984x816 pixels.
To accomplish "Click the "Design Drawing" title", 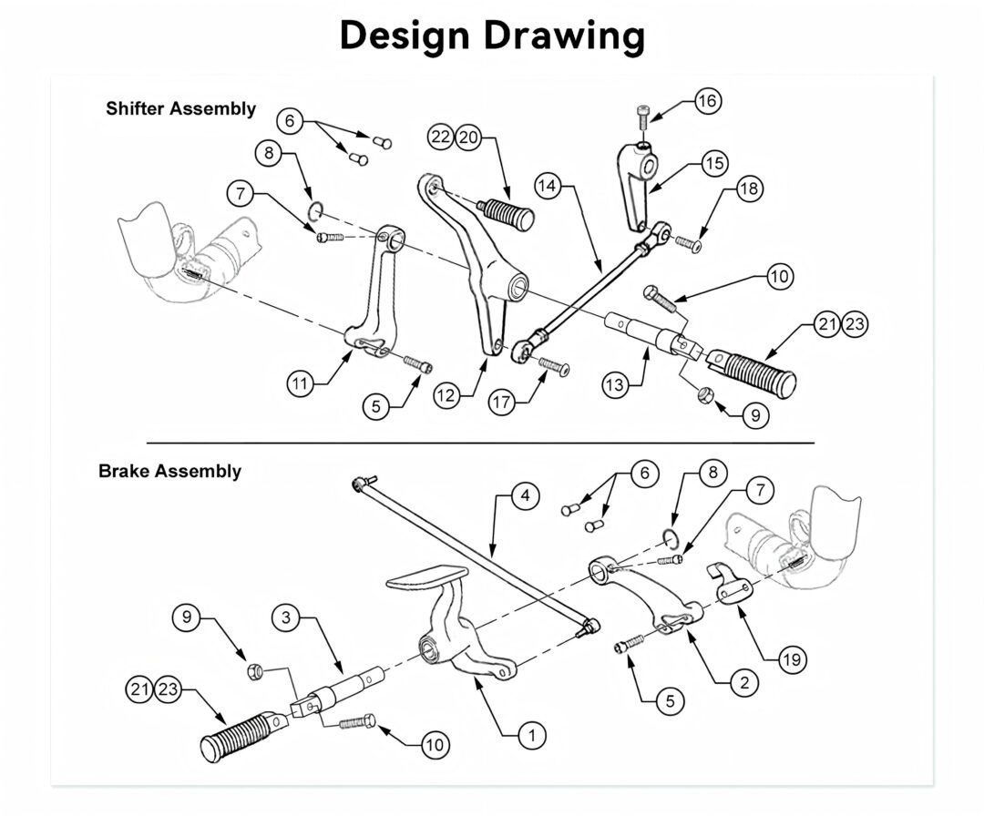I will pyautogui.click(x=492, y=36).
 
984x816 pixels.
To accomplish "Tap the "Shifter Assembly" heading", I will pyautogui.click(x=180, y=108).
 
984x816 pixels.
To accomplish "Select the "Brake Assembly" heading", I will pyautogui.click(x=169, y=471).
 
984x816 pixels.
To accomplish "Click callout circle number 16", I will pyautogui.click(x=707, y=101).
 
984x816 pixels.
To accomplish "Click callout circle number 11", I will pyautogui.click(x=302, y=382).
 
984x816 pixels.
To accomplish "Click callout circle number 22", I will pyautogui.click(x=442, y=137).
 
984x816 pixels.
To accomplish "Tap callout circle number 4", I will pyautogui.click(x=524, y=496).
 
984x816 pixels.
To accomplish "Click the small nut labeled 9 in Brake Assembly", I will pyautogui.click(x=255, y=672).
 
